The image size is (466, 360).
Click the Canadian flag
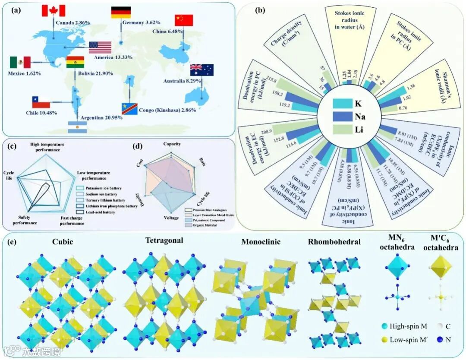pyautogui.click(x=53, y=10)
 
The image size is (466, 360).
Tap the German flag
pyautogui.click(x=121, y=12)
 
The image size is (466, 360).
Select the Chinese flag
pyautogui.click(x=184, y=20)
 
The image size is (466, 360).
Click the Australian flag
pyautogui.click(x=202, y=70)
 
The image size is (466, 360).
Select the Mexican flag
pyautogui.click(x=20, y=63)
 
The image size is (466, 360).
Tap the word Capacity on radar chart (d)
pyautogui.click(x=172, y=144)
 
